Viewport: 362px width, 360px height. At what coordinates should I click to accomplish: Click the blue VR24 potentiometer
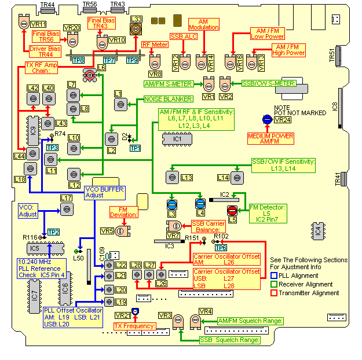267,119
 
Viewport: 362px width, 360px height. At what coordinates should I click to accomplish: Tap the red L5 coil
232,211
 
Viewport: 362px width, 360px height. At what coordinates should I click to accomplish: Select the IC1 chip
177,139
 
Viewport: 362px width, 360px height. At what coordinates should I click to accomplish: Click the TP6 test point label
221,248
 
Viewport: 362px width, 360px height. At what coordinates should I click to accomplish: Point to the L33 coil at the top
136,30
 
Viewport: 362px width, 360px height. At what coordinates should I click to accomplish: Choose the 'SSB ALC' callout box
184,36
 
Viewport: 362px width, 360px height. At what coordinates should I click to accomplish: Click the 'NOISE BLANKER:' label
169,99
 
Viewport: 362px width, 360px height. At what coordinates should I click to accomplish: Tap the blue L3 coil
172,205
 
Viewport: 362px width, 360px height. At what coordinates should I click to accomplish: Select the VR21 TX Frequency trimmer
136,311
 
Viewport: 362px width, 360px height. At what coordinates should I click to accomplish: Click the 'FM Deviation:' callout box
124,212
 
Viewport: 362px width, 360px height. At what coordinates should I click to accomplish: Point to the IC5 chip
45,248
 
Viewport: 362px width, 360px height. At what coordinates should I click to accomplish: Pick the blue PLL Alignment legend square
274,275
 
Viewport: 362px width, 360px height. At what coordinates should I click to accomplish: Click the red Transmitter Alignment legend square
274,293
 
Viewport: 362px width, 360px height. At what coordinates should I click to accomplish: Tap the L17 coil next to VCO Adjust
67,209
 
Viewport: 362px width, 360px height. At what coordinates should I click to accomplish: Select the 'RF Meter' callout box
155,45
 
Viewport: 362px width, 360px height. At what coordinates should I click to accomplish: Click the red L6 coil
90,75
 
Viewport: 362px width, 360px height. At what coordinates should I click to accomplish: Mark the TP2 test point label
53,232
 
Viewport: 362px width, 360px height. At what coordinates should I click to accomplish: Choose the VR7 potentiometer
174,226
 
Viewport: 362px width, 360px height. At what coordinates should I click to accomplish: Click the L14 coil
237,178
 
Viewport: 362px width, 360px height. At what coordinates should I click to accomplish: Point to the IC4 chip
319,231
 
